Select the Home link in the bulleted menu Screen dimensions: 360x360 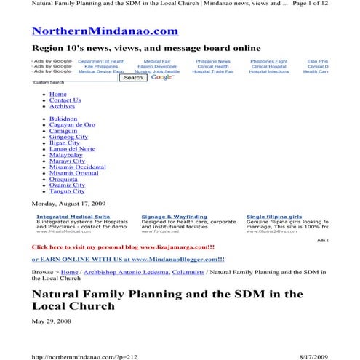(57, 94)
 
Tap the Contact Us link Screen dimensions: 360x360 (65, 100)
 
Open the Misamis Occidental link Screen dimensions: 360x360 (77, 167)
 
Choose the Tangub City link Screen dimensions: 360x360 (66, 192)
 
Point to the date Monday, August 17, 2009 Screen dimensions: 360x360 (68, 203)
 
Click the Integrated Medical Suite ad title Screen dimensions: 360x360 (73, 217)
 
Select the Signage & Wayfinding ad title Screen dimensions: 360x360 (174, 217)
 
